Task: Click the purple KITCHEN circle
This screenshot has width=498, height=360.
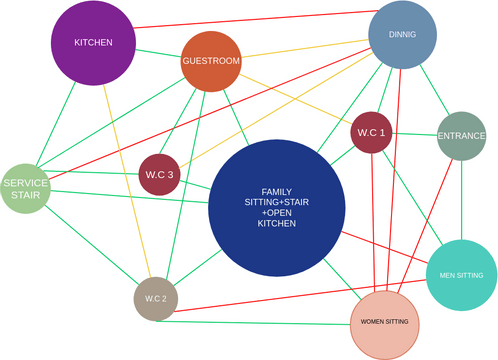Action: (x=92, y=43)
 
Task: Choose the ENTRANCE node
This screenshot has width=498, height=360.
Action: (x=462, y=135)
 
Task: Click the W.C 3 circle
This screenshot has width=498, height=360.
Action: (x=157, y=174)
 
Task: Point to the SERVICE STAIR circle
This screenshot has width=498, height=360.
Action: (x=25, y=189)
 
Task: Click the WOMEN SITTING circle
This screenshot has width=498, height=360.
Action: (x=385, y=321)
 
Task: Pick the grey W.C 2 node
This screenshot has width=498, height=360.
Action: (x=154, y=299)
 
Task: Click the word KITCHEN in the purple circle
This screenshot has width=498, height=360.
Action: (x=92, y=43)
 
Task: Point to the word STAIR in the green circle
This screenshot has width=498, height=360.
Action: (x=25, y=196)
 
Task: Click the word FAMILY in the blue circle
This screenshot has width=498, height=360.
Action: (x=277, y=191)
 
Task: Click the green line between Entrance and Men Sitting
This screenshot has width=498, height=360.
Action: (x=461, y=200)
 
